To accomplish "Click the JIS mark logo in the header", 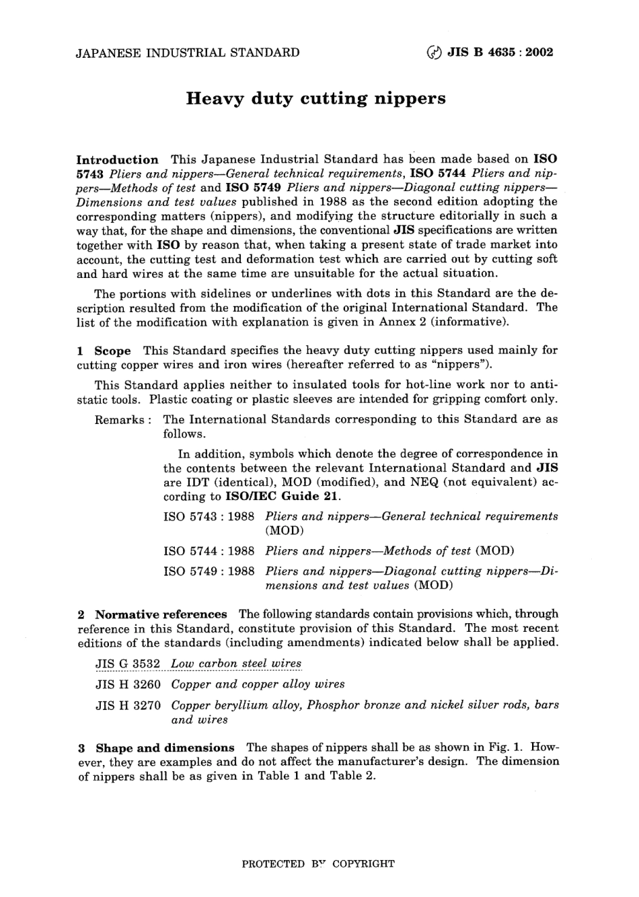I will [x=435, y=52].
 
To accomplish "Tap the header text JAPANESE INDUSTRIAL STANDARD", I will [x=188, y=52].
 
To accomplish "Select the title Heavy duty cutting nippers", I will [x=315, y=99].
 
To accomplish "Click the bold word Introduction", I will [x=118, y=160].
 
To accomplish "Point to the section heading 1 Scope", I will [x=104, y=351].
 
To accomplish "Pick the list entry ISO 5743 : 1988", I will [x=209, y=517].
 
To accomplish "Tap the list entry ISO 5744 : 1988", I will [x=209, y=551].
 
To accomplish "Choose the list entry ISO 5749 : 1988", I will [x=209, y=571].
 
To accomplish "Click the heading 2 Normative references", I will [x=153, y=614].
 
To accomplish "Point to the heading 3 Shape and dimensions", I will [x=156, y=748].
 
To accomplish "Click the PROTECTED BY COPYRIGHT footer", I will [x=318, y=864].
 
